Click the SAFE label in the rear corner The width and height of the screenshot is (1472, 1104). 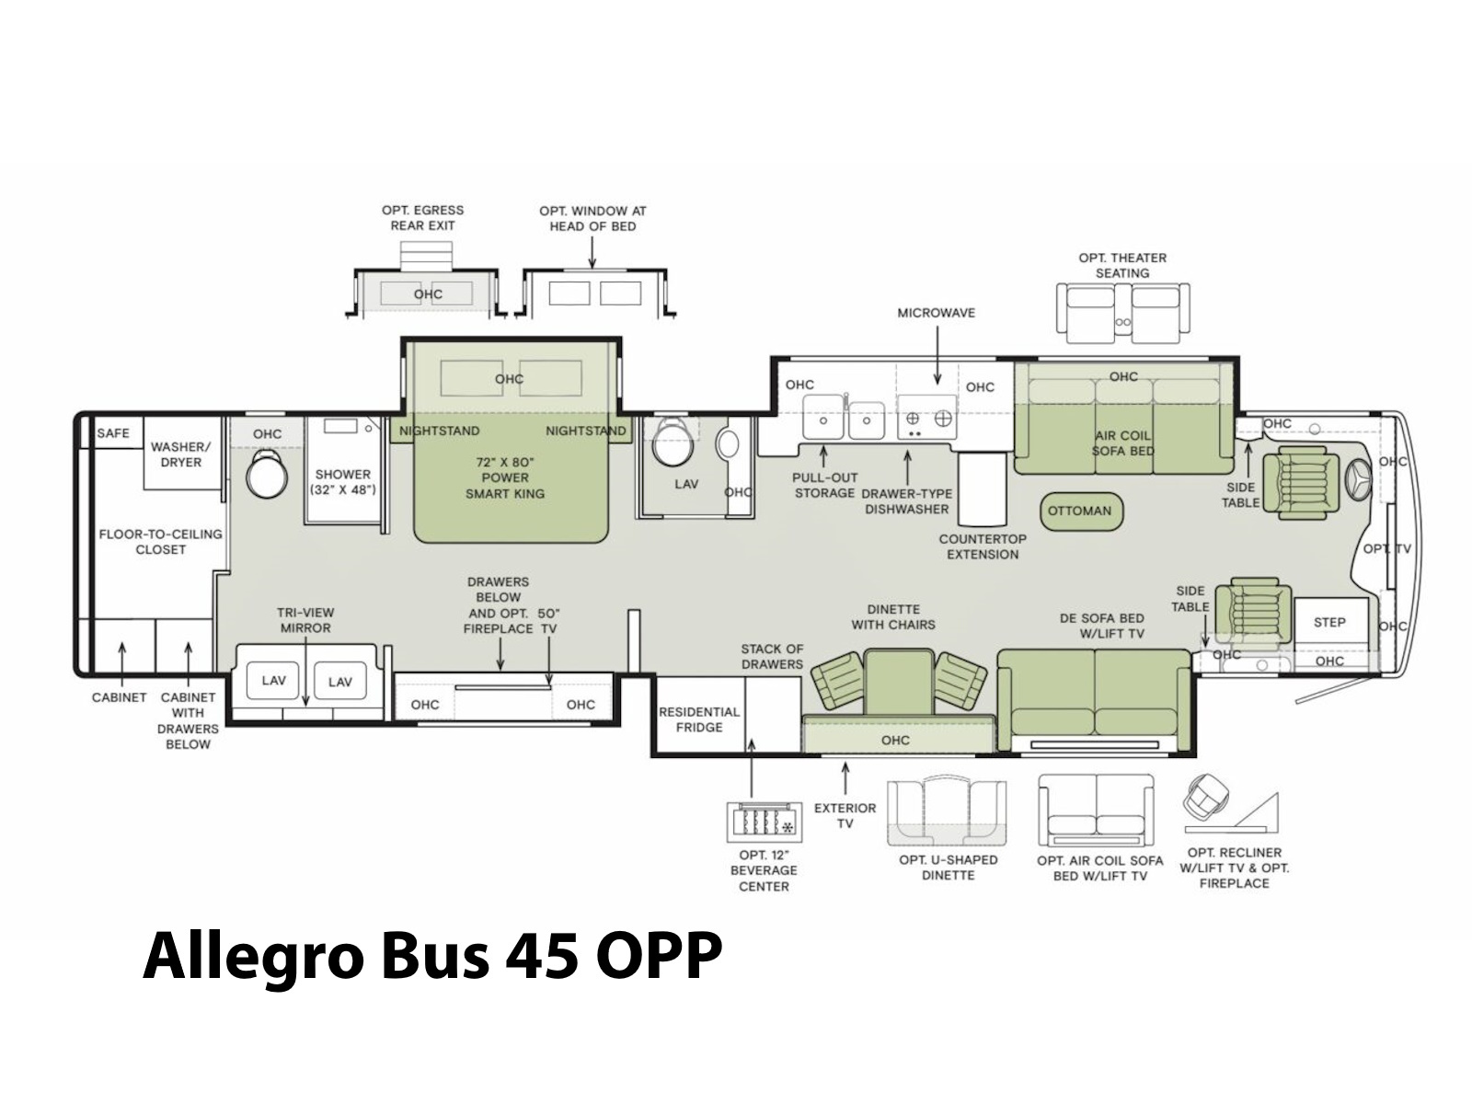[112, 433]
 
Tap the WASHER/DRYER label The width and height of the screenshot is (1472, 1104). [180, 454]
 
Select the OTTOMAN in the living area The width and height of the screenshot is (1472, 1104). [1079, 511]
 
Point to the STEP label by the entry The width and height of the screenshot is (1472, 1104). [1329, 622]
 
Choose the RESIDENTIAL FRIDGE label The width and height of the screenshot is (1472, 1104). [699, 719]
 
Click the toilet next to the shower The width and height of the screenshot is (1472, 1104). [266, 473]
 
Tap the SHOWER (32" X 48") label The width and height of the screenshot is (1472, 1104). [342, 482]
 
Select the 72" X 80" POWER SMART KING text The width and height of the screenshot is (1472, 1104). [505, 477]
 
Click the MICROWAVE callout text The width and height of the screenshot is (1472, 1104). [937, 313]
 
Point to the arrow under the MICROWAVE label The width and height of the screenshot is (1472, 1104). [937, 355]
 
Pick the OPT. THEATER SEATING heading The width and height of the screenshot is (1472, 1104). [1121, 266]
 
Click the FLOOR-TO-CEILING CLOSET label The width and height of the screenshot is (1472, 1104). [160, 542]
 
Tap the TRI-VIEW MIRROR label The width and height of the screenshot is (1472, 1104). [305, 620]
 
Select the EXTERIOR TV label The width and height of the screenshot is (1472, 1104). [845, 816]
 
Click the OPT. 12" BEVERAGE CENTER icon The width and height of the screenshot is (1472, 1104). [764, 822]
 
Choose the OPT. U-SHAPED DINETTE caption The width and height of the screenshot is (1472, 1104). [949, 868]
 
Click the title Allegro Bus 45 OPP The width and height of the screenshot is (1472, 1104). [432, 957]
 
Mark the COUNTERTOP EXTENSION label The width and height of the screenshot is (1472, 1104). [983, 546]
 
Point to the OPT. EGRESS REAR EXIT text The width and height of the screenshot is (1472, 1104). [422, 218]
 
